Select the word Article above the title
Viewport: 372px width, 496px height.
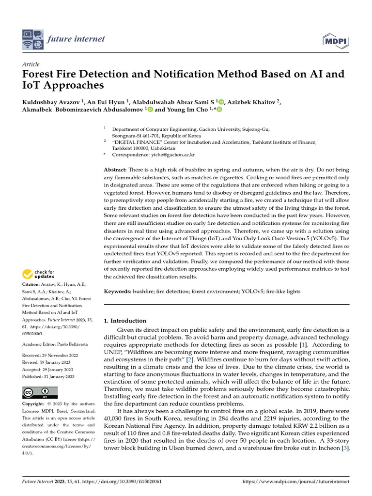tap(31, 64)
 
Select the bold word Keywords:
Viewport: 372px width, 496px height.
tap(118, 292)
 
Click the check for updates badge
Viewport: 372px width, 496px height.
tap(39, 275)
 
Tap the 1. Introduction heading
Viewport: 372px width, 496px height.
tap(125, 321)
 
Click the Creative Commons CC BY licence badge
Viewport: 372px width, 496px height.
tap(40, 392)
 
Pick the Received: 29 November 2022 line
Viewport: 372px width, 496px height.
tap(49, 356)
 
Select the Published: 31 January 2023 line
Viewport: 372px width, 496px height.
tap(48, 376)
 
